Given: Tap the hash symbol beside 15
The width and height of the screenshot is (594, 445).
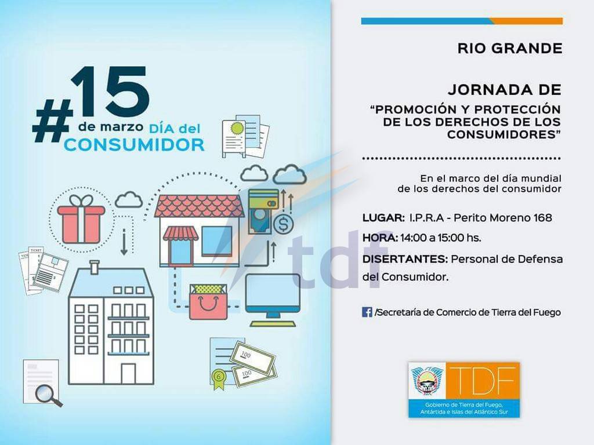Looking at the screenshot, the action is pyautogui.click(x=52, y=121).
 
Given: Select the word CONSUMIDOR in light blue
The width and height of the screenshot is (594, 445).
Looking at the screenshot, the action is pyautogui.click(x=134, y=145).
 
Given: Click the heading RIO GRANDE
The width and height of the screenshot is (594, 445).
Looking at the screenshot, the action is pyautogui.click(x=509, y=49).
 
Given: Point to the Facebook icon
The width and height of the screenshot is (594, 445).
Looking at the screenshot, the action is pyautogui.click(x=367, y=312).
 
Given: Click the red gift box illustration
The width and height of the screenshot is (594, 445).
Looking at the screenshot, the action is pyautogui.click(x=81, y=220).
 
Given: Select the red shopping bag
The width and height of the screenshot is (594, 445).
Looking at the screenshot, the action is pyautogui.click(x=208, y=302).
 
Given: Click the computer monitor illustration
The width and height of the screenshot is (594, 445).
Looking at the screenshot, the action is pyautogui.click(x=273, y=300).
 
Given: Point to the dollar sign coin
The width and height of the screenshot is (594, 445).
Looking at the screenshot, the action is pyautogui.click(x=283, y=224).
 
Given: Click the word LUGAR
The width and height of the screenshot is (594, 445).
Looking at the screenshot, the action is pyautogui.click(x=383, y=218).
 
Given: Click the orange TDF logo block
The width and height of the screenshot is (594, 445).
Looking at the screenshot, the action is pyautogui.click(x=483, y=380).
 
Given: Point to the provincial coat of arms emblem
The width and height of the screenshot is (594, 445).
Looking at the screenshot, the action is pyautogui.click(x=428, y=381).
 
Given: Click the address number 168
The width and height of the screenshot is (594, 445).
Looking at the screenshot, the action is pyautogui.click(x=542, y=218).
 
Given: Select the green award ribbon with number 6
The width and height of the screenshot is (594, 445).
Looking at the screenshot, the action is pyautogui.click(x=218, y=378).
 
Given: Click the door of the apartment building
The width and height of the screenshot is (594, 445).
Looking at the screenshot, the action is pyautogui.click(x=128, y=374).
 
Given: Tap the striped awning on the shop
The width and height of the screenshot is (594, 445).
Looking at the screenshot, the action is pyautogui.click(x=181, y=234).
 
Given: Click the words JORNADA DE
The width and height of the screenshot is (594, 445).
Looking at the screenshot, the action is pyautogui.click(x=505, y=90).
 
